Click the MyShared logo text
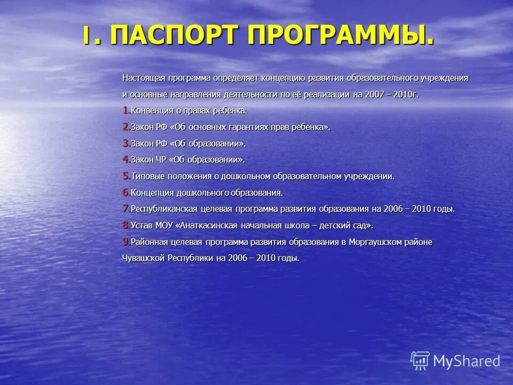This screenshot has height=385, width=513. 467,361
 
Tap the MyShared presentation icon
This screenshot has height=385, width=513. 420,361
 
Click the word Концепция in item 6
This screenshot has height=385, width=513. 151,192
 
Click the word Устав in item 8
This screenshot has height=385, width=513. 141,225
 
